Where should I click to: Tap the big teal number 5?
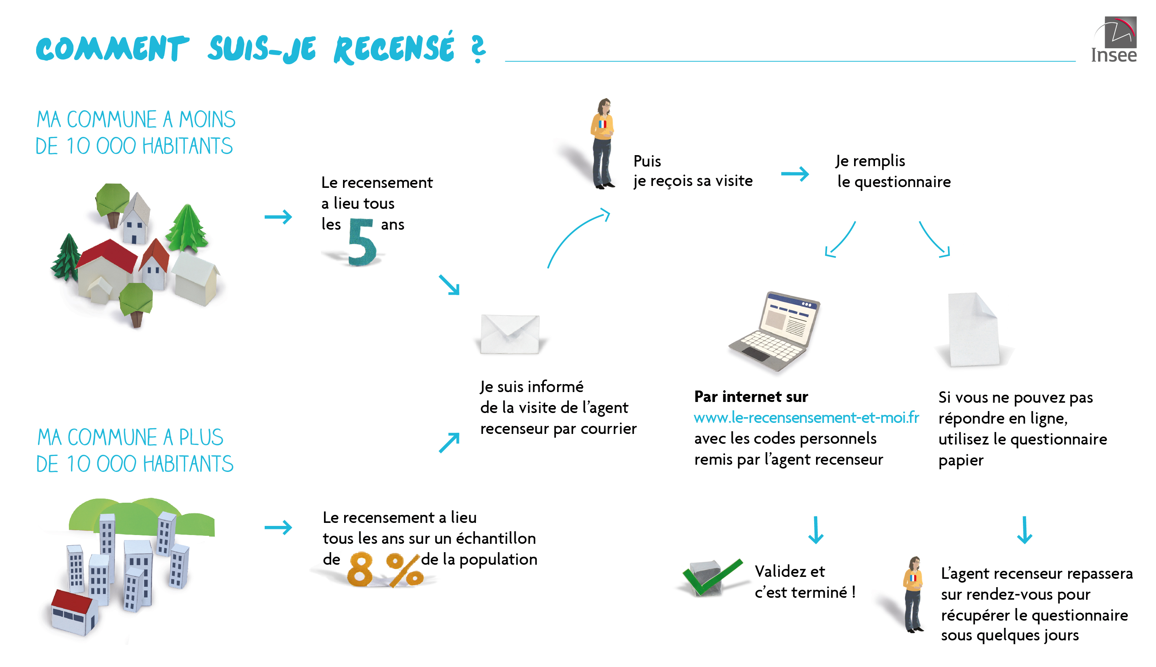pos(362,241)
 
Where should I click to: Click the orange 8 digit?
pos(360,569)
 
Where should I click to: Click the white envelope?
pos(510,334)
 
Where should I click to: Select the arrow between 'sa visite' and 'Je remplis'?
pos(795,174)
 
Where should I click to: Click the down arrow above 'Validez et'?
pos(816,530)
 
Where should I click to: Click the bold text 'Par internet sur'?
pos(751,397)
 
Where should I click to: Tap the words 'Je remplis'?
pos(870,161)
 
